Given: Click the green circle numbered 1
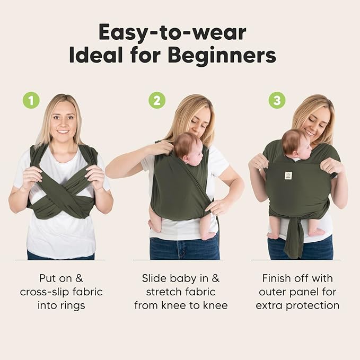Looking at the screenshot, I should tap(31, 100).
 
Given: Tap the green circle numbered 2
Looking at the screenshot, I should tap(156, 100).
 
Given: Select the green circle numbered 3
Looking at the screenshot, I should tap(276, 100).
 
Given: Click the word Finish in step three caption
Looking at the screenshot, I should tap(280, 278).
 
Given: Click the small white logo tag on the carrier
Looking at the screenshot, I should tap(288, 175).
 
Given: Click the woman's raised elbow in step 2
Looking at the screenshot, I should tap(111, 171).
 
